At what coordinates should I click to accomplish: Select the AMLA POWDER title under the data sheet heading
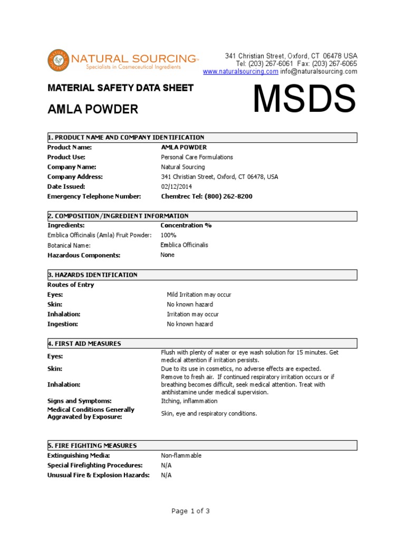[x=93, y=109]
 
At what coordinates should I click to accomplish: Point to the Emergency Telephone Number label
[x=94, y=196]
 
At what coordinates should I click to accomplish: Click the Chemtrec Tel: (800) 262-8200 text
[x=206, y=196]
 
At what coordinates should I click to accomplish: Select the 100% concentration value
[x=168, y=235]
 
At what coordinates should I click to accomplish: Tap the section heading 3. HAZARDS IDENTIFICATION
[x=92, y=275]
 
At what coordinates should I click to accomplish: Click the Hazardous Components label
[x=84, y=255]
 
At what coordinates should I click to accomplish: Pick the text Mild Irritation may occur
[x=199, y=295]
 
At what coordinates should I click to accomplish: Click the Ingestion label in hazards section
[x=63, y=324]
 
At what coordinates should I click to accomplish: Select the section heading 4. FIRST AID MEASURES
[x=84, y=344]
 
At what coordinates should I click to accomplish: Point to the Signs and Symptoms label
[x=80, y=401]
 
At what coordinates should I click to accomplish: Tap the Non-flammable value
[x=181, y=456]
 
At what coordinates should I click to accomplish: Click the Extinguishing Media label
[x=79, y=456]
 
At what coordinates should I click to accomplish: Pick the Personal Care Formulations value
[x=196, y=157]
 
